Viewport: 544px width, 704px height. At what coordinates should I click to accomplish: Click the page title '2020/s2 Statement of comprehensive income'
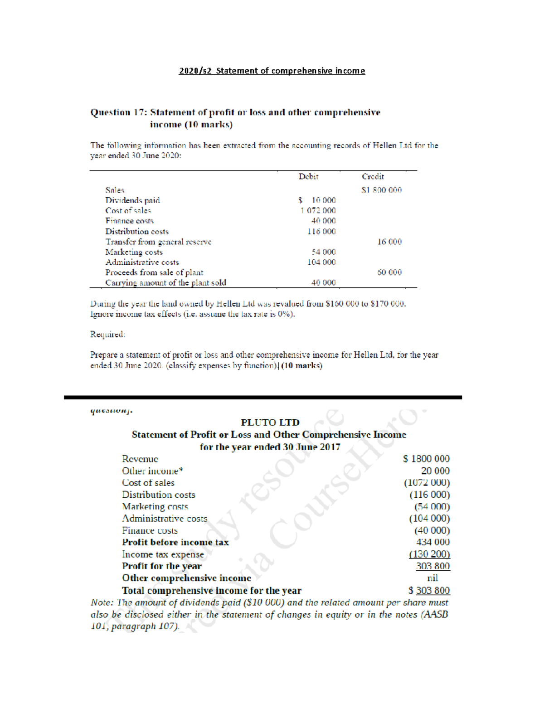pos(272,71)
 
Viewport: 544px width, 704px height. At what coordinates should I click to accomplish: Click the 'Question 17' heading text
pos(117,112)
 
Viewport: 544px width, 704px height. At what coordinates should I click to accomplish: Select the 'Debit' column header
pos(308,177)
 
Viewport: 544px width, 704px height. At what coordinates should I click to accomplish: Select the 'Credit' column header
pos(373,177)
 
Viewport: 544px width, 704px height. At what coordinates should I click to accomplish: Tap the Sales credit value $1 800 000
pos(381,190)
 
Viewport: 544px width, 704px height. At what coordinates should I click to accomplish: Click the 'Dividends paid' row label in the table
pos(132,200)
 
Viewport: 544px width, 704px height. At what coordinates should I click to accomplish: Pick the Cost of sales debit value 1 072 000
pos(318,211)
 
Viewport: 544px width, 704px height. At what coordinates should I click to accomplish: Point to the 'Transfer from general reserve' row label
pos(158,242)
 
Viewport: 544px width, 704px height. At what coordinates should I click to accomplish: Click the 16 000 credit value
pos(389,242)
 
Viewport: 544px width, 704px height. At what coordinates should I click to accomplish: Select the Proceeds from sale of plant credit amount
pos(389,272)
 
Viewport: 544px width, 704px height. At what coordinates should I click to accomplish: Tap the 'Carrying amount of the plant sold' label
pos(165,283)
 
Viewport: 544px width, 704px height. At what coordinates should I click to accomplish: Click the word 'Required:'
pos(107,335)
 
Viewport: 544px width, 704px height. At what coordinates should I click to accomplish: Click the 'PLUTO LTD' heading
pos(270,422)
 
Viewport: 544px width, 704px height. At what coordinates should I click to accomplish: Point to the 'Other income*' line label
pos(152,471)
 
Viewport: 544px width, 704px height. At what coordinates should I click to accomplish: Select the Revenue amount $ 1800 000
pos(426,459)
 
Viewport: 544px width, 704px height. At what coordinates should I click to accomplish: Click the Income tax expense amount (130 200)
pos(429,554)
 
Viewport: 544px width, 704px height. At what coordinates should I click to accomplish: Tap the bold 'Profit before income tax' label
pos(175,542)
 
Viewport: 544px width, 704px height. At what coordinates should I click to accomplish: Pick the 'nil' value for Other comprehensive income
pos(432,578)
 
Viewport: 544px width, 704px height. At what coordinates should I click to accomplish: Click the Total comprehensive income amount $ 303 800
pos(429,590)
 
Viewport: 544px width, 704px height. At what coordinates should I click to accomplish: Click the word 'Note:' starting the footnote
pos(102,602)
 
